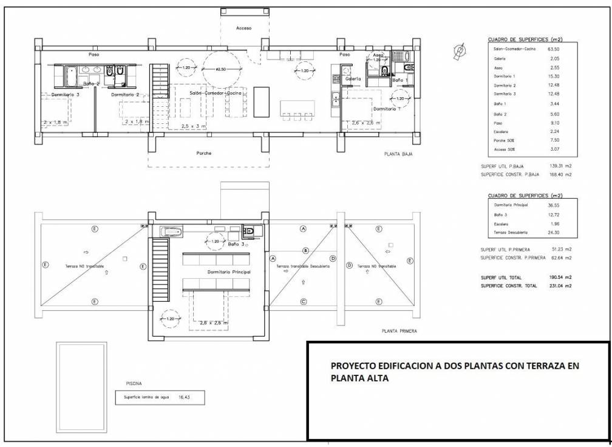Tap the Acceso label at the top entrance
[243, 29]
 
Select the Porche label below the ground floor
[204, 153]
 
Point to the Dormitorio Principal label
[229, 272]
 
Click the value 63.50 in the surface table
[553, 49]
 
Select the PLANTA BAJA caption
[398, 154]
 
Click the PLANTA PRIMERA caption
[399, 332]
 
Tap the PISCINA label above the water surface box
[134, 384]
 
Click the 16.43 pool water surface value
[185, 397]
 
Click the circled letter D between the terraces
[349, 265]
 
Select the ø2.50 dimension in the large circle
[221, 70]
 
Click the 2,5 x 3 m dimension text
[194, 126]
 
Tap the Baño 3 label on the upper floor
[236, 244]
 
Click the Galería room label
[353, 80]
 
